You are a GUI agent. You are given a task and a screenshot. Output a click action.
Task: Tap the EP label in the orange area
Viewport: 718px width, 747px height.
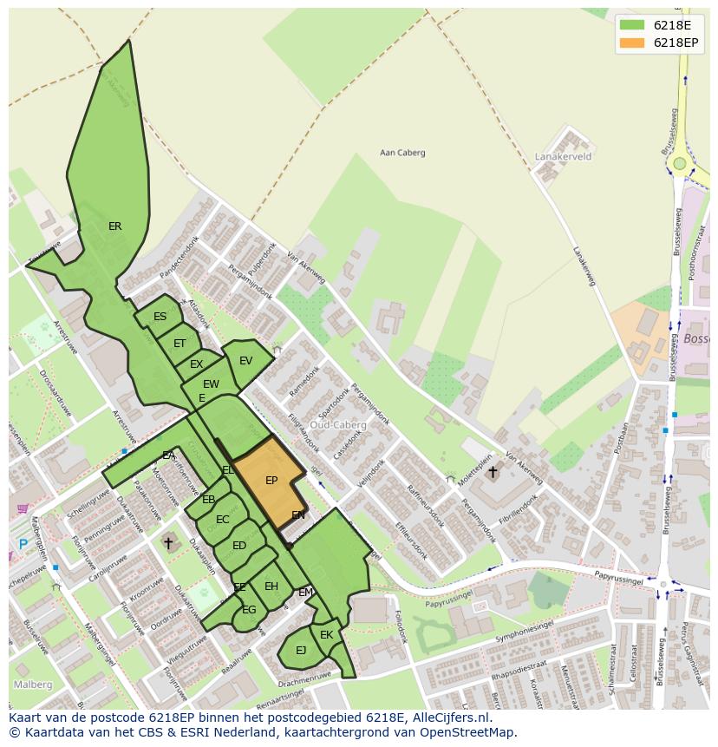271,481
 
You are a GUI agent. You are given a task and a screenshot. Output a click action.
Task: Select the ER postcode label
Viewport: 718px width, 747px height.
114,226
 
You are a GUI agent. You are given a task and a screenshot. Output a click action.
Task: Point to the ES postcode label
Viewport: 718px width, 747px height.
160,317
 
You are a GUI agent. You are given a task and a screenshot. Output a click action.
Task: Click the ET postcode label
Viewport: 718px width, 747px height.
179,344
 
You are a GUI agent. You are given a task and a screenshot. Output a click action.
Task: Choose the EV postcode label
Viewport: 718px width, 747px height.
245,361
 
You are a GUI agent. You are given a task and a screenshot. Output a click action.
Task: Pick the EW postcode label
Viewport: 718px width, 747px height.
211,384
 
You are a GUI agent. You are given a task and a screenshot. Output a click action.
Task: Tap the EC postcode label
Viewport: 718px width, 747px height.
222,520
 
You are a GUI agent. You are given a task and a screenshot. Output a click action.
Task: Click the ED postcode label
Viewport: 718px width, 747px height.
239,546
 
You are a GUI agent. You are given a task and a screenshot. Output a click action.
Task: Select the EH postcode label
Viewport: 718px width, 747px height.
271,586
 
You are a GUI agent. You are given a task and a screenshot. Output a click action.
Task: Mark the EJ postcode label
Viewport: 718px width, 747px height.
301,650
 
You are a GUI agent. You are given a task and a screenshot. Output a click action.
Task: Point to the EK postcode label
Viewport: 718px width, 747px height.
326,635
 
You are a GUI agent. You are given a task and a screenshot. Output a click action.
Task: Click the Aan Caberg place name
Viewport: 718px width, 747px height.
402,153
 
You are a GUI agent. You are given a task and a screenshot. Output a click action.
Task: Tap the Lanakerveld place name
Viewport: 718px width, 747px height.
562,157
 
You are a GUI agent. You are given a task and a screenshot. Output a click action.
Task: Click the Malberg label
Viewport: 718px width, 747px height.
32,685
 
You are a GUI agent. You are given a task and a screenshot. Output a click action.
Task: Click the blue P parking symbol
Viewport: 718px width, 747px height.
23,545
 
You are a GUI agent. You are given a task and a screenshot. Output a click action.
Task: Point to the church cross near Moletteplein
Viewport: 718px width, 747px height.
493,472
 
